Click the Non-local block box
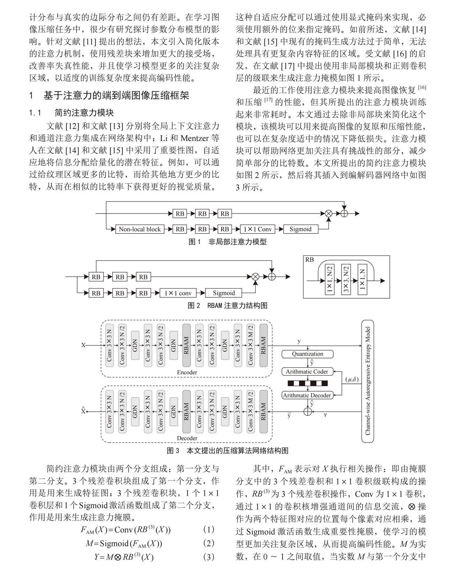[x=140, y=229]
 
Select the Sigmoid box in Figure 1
[x=300, y=229]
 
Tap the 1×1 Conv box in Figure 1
[x=257, y=229]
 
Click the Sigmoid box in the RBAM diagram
[x=224, y=293]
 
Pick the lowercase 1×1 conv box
[x=178, y=293]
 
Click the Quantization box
[x=307, y=354]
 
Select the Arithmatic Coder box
[x=307, y=372]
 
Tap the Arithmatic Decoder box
[x=307, y=395]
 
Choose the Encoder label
[x=187, y=372]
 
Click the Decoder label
[x=187, y=438]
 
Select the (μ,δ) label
[x=352, y=379]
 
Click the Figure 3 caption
[x=227, y=451]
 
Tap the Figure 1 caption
[x=227, y=242]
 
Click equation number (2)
[x=208, y=543]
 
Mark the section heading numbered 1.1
[x=72, y=113]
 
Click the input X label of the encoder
[x=83, y=345]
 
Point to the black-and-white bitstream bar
[x=307, y=384]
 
